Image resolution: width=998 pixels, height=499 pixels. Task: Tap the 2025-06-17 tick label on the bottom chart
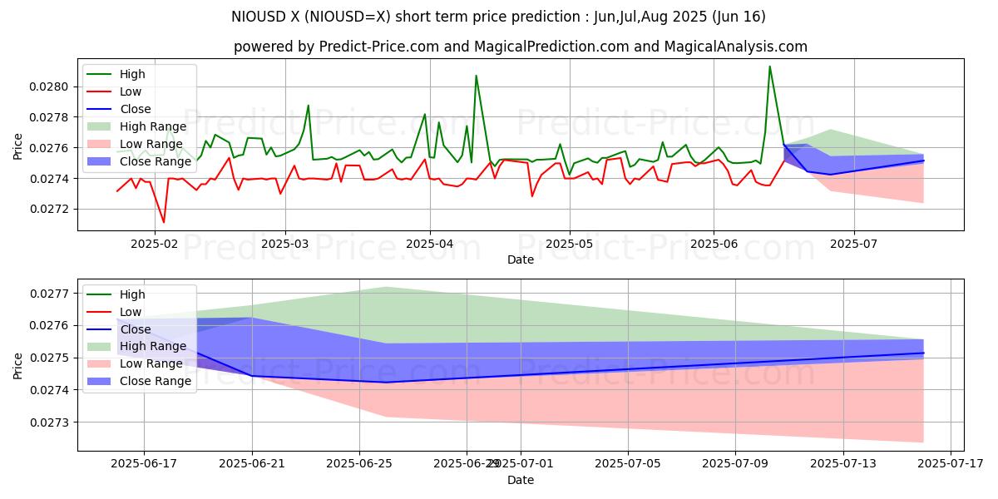pos(144,464)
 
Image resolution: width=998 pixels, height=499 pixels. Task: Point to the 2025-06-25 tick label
pos(359,464)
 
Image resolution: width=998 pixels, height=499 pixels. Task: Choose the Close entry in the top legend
pos(136,109)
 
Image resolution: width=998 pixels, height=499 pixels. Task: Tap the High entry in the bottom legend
pos(133,294)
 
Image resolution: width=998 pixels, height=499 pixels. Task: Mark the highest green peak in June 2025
pos(769,67)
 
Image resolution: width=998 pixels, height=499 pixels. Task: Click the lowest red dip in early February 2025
pos(163,222)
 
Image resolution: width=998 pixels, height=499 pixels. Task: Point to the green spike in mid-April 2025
pos(476,76)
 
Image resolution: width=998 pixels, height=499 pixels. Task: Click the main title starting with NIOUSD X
pos(498,17)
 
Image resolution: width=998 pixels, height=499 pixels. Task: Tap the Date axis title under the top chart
pos(520,260)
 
